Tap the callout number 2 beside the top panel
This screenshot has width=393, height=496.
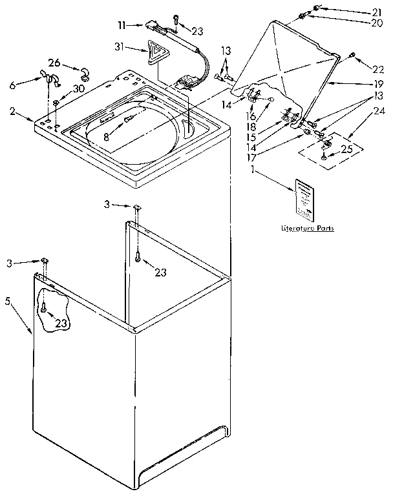coord(13,112)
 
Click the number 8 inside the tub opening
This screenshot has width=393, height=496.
coord(107,136)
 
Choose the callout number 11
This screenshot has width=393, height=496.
coord(121,25)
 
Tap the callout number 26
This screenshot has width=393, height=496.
coord(54,63)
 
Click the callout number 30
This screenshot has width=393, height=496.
coord(79,88)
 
